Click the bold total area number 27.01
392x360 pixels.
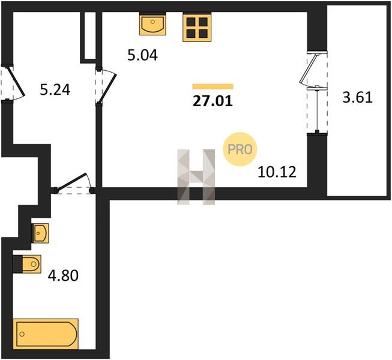(213, 101)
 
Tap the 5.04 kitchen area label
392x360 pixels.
(142, 55)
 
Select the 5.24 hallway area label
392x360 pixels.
(55, 89)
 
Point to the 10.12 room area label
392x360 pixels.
(277, 172)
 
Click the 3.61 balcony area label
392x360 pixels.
(358, 97)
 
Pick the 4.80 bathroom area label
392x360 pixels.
(63, 276)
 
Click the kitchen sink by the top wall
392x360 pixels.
(152, 24)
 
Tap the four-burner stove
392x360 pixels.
(197, 27)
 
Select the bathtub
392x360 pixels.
(46, 334)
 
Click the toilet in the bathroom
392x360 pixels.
(27, 264)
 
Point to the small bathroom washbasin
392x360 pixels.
(40, 233)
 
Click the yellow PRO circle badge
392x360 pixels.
(240, 149)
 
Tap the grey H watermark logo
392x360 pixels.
(196, 177)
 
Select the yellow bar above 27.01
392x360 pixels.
(213, 86)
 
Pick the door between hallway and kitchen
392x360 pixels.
(107, 89)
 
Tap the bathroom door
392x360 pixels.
(72, 182)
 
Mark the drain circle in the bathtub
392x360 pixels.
(22, 334)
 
